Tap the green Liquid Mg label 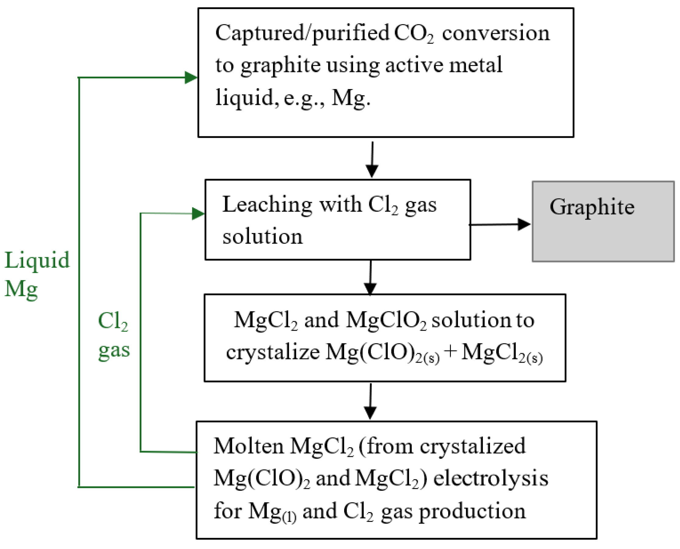37,275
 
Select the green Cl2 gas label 114,336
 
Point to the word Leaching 267,205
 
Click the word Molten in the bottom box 249,446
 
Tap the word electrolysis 491,478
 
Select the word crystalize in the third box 273,352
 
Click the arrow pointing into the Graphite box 499,224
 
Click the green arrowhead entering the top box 191,77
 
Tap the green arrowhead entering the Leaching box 198,214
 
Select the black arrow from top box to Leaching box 372,160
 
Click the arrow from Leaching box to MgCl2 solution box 370,277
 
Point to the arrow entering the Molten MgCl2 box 370,402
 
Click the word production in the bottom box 472,511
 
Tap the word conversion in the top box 496,34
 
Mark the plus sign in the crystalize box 450,352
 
